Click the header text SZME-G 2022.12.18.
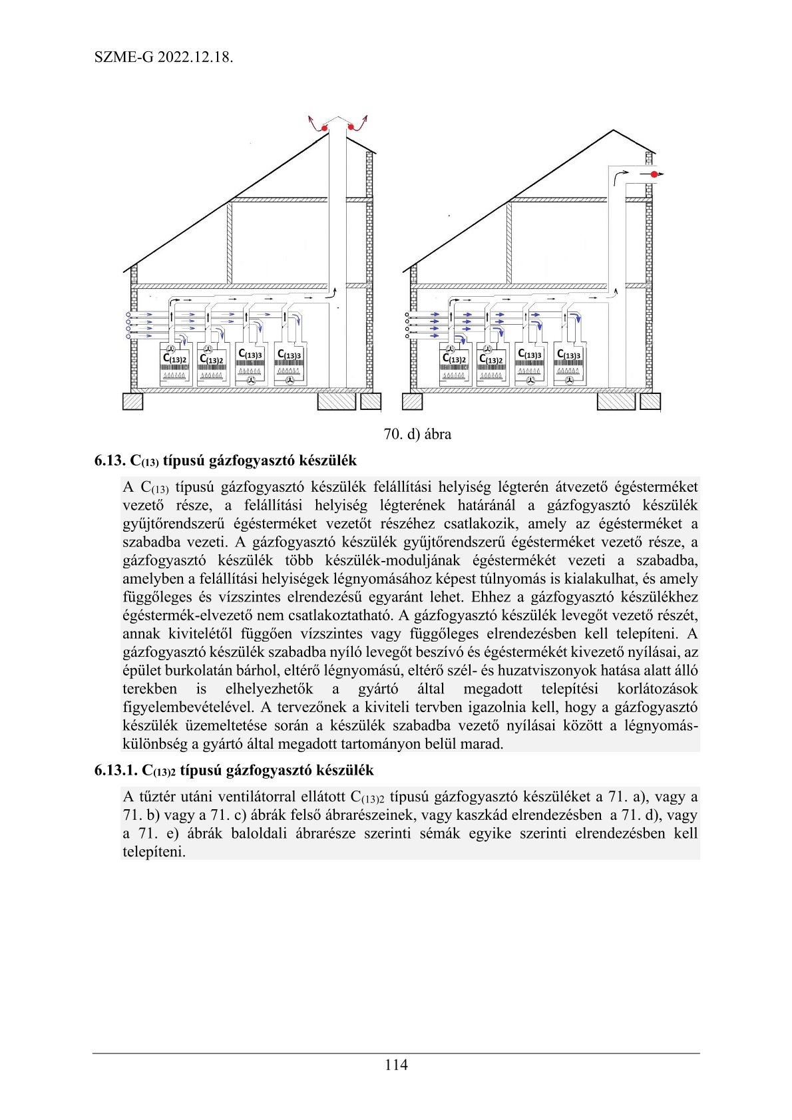coord(163,57)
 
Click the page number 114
coord(396,1065)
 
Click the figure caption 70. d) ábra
coord(417,434)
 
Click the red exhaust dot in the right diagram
coord(655,174)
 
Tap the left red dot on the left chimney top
coord(324,127)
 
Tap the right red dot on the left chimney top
coord(351,126)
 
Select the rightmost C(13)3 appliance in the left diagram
coord(290,363)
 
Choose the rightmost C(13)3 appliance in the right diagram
coord(569,363)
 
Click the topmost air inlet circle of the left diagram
coord(128,313)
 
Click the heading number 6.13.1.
coord(116,771)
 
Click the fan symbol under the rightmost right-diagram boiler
coord(569,380)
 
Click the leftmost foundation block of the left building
coord(133,401)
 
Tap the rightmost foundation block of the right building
coord(650,401)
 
